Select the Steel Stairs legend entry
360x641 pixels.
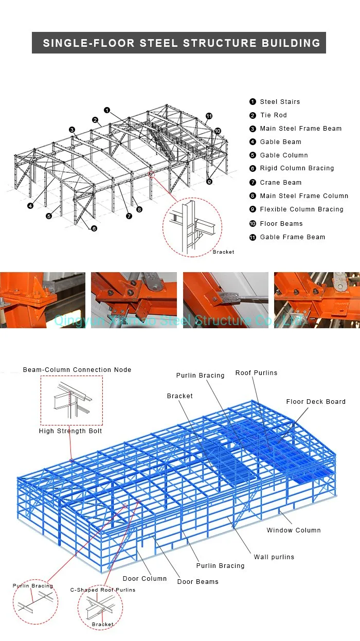280,102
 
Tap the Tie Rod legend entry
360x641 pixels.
273,115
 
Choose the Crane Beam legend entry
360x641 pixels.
280,183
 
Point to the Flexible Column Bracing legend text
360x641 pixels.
301,209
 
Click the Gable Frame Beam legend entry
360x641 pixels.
292,237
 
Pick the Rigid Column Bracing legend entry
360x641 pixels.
297,168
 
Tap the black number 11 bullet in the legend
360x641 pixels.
253,237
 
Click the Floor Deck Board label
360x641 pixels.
316,402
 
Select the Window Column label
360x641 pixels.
293,530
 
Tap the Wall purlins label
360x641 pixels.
274,557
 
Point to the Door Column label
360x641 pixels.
145,579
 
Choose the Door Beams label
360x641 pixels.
197,582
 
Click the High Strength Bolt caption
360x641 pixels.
70,431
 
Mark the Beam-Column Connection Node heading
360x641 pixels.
77,370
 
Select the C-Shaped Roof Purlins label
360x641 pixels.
103,590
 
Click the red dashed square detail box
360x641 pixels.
71,400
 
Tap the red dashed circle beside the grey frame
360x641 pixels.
192,227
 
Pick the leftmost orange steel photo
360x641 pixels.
43,300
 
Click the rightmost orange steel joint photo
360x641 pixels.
317,300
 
